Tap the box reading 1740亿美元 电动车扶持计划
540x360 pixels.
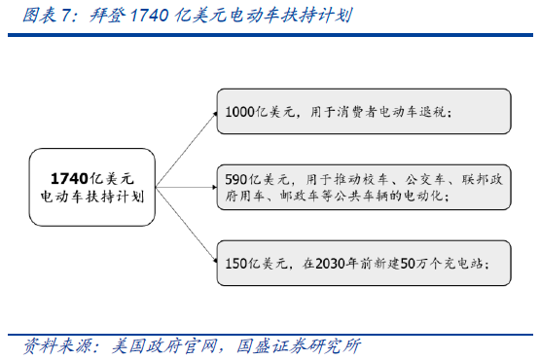coord(92,188)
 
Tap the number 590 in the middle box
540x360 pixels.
coord(236,179)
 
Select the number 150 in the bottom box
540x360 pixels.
coord(236,263)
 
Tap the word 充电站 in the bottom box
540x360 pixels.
coord(455,263)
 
